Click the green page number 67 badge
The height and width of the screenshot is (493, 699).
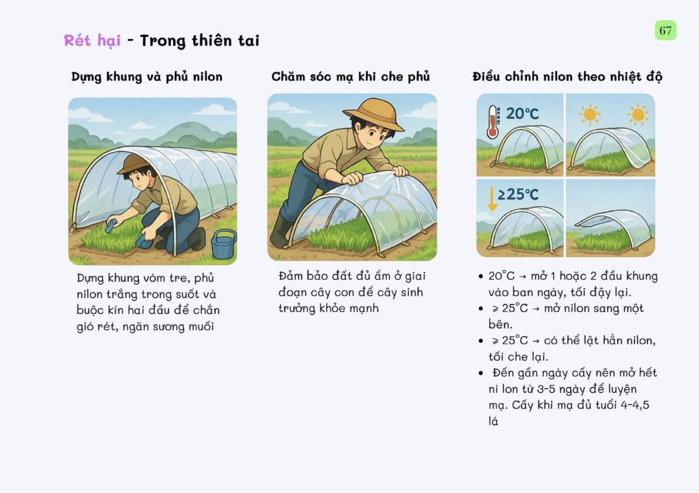tap(665, 30)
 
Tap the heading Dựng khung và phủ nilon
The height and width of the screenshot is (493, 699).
tap(147, 77)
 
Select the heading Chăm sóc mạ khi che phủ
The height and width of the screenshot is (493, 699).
tap(350, 77)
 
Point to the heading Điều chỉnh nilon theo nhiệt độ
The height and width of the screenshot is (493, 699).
tap(568, 77)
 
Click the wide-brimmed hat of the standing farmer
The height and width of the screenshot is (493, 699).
tap(373, 114)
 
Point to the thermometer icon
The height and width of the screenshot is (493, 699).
tap(493, 122)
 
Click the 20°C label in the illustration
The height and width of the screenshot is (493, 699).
tap(523, 113)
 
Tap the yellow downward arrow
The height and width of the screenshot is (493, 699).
tap(492, 199)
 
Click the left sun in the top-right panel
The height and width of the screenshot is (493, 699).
tap(589, 114)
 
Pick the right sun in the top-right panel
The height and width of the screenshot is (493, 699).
tap(637, 115)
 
